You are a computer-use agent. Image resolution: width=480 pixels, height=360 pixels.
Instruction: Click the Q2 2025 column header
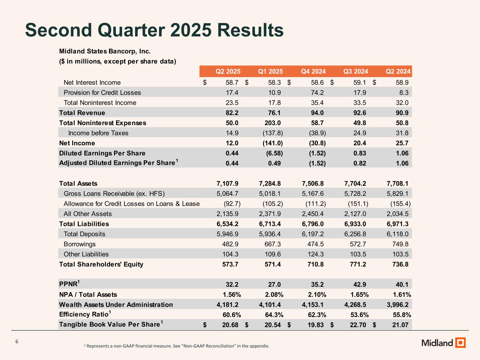(x=228, y=71)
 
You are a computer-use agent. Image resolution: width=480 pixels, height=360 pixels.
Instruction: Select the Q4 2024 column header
(x=313, y=71)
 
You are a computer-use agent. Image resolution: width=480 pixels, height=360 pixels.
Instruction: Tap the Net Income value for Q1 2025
(x=273, y=143)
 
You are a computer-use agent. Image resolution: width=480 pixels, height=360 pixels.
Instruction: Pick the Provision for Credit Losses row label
(x=102, y=92)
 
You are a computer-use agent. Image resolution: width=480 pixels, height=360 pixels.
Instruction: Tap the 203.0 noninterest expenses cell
(x=273, y=123)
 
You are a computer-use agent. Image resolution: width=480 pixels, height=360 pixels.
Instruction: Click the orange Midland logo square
(x=460, y=342)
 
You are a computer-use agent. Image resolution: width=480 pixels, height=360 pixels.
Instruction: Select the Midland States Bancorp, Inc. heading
(x=105, y=51)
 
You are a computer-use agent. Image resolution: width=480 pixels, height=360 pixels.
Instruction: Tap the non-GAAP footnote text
(x=177, y=346)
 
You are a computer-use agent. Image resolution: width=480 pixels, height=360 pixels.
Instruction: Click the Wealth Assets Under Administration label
(x=116, y=305)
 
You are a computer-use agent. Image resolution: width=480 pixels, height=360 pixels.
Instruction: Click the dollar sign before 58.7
(x=205, y=83)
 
